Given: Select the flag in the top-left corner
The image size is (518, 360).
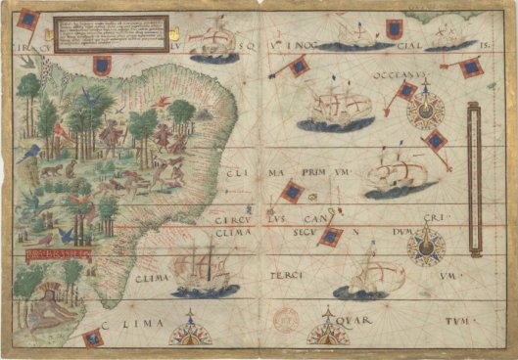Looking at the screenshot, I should tap(28, 18).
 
